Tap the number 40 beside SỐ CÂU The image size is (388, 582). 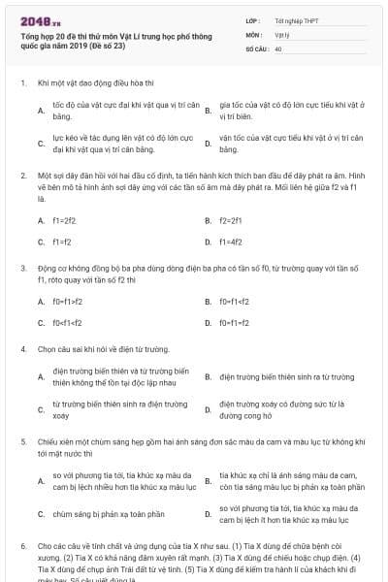point(278,48)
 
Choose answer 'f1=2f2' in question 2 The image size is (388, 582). point(64,221)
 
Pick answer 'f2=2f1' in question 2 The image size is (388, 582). point(230,221)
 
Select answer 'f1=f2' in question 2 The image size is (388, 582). point(62,242)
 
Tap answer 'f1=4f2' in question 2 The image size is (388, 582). point(230,242)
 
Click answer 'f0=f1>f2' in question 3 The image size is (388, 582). point(69,302)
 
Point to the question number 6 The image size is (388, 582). point(22,546)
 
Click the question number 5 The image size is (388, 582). point(22,440)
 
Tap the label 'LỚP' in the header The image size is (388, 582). point(252,19)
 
